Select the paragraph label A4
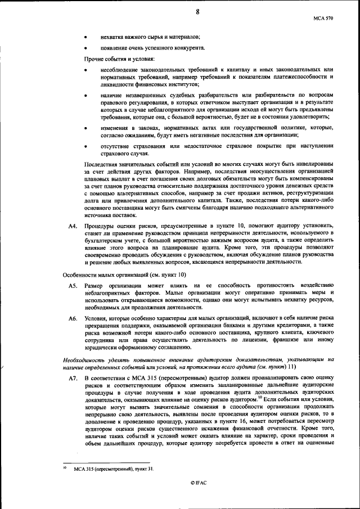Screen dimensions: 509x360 (73, 226)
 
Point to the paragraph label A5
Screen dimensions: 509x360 (73, 286)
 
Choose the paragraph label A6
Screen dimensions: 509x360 (73, 318)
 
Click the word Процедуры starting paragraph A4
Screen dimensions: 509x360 (101, 226)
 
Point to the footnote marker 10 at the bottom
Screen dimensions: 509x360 (64, 467)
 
